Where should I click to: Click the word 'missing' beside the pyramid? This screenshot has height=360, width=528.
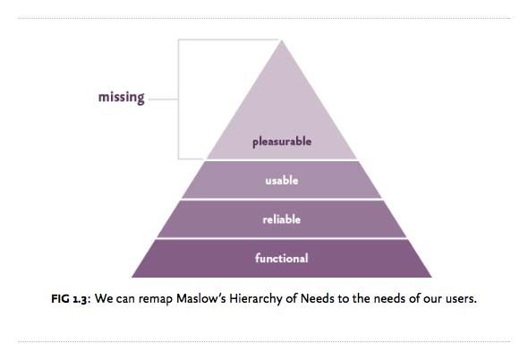click(x=121, y=98)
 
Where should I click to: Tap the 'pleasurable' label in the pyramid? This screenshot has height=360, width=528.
click(x=282, y=141)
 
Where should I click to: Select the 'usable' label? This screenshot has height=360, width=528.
click(x=282, y=180)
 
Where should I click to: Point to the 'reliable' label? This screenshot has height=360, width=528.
click(x=282, y=219)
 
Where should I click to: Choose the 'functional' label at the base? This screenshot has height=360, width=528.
click(x=282, y=258)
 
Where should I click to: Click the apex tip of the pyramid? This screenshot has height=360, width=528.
click(x=281, y=40)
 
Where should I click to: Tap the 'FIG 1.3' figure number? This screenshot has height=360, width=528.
click(x=70, y=298)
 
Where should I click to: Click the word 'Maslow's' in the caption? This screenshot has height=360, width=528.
click(x=201, y=298)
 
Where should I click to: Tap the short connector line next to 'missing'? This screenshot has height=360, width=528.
click(x=163, y=99)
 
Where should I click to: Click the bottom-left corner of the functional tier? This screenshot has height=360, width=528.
click(x=132, y=277)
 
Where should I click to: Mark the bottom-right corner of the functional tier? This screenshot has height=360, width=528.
click(x=431, y=277)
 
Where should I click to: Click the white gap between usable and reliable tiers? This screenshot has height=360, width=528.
click(x=282, y=200)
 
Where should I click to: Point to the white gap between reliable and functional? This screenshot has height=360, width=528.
click(x=282, y=238)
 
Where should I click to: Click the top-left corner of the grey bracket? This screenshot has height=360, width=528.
click(x=178, y=39)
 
